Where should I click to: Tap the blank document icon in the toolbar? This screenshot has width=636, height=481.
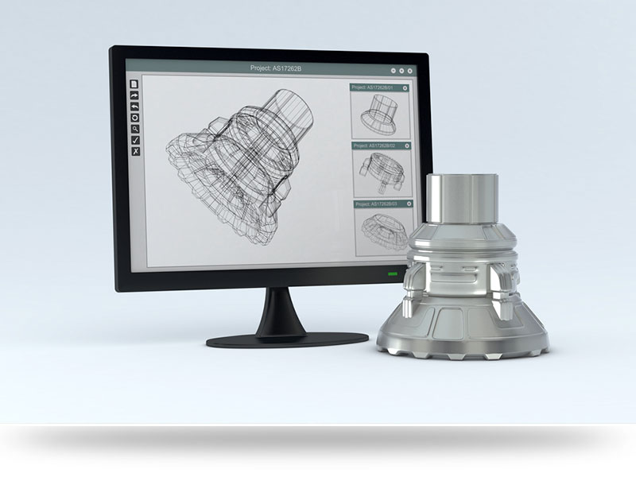(x=135, y=83)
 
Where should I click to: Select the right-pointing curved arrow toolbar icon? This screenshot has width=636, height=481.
(x=135, y=95)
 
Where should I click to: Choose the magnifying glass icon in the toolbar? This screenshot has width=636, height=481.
(x=135, y=128)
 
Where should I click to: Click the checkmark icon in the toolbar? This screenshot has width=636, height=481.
(x=135, y=139)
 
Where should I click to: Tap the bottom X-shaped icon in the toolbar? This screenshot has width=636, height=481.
(x=135, y=150)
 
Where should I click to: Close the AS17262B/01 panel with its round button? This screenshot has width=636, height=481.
(x=405, y=87)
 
